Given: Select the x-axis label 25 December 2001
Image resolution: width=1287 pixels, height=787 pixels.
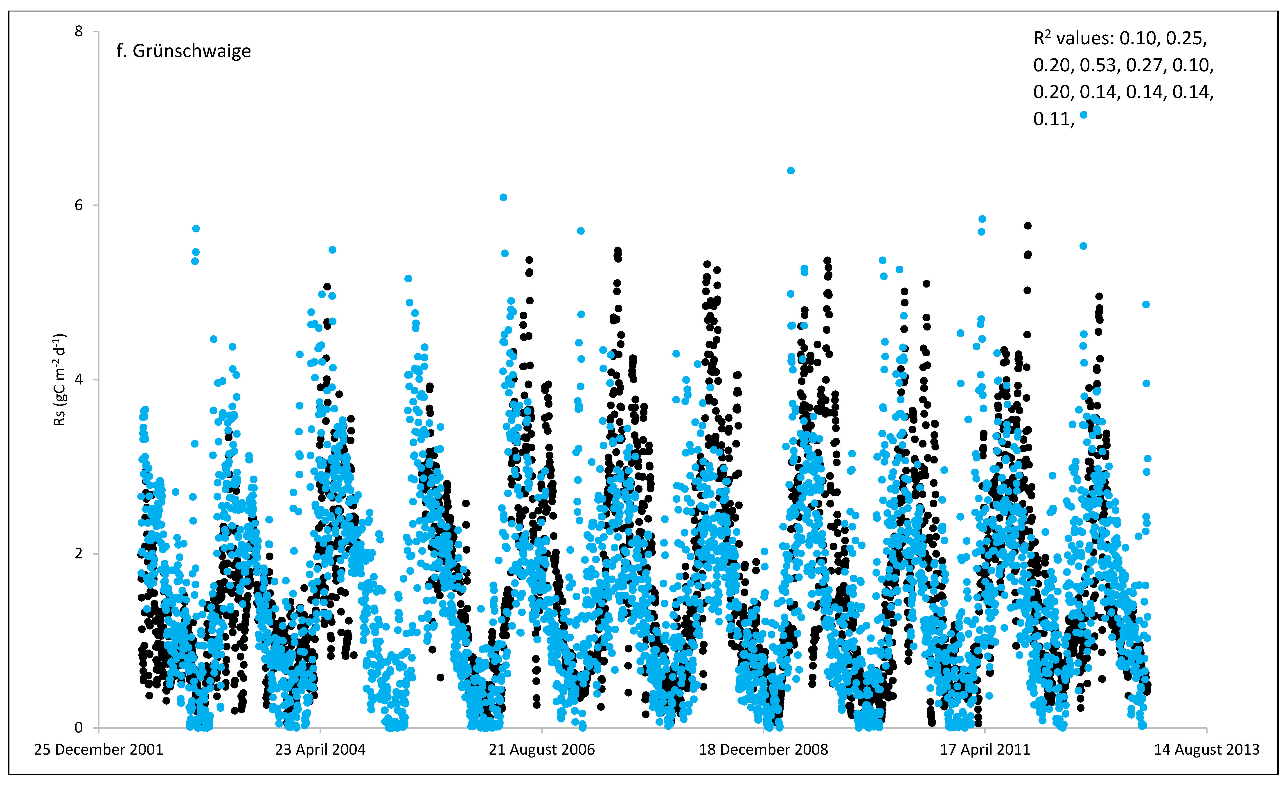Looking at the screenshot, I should click(99, 750).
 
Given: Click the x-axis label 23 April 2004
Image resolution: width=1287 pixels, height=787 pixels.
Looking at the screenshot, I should click(320, 750).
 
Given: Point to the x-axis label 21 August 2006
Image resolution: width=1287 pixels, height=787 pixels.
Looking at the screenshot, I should click(542, 750).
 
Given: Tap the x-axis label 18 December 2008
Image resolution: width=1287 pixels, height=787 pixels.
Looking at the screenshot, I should click(764, 750).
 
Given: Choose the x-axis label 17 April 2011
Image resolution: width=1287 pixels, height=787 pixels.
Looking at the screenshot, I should click(985, 750).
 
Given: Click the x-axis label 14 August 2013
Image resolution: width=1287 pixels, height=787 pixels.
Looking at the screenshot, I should click(1207, 750).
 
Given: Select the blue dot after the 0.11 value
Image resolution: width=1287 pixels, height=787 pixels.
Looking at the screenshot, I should click(1084, 115).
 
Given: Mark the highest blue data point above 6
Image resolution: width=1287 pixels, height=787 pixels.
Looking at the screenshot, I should click(791, 171).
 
